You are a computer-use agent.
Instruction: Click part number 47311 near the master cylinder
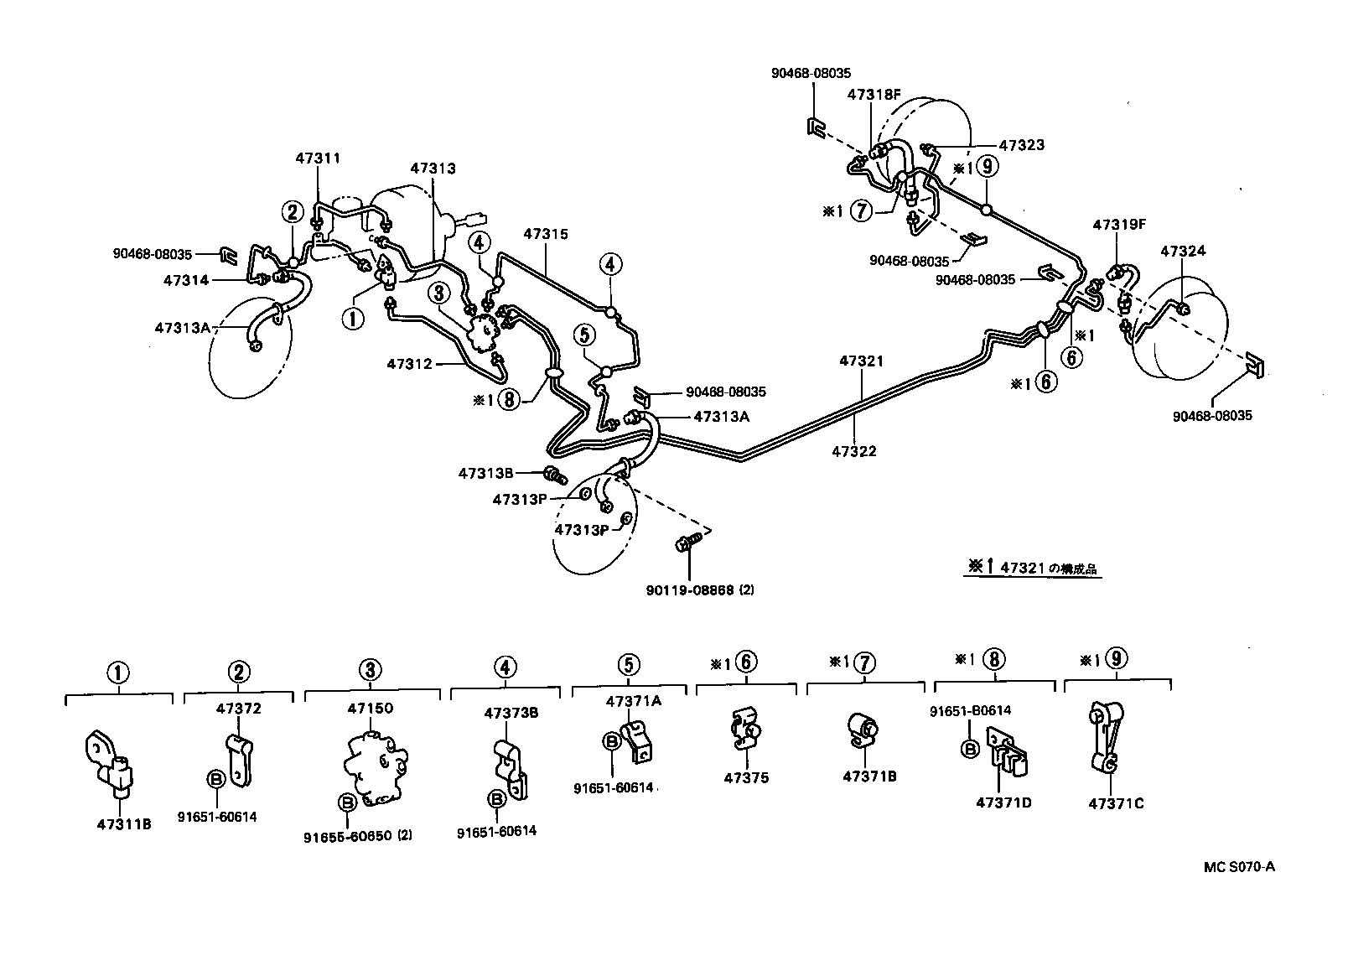(x=318, y=157)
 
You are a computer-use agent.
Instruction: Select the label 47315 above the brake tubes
(x=546, y=234)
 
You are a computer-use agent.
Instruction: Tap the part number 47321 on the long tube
(x=862, y=361)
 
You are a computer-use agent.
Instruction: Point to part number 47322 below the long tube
(x=854, y=451)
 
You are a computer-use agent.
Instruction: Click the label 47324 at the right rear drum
(x=1182, y=251)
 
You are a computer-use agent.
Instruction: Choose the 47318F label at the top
(x=873, y=95)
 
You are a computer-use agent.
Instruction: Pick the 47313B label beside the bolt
(x=485, y=472)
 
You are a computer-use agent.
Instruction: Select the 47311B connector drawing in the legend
(x=110, y=763)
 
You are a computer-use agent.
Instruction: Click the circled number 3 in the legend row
(x=370, y=669)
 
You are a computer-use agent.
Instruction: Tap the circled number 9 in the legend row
(x=1117, y=659)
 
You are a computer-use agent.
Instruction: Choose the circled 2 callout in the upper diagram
(x=293, y=211)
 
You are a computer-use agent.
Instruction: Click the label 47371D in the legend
(x=1003, y=802)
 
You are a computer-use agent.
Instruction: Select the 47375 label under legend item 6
(x=746, y=777)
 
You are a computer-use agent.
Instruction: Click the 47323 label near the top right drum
(x=1021, y=145)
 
